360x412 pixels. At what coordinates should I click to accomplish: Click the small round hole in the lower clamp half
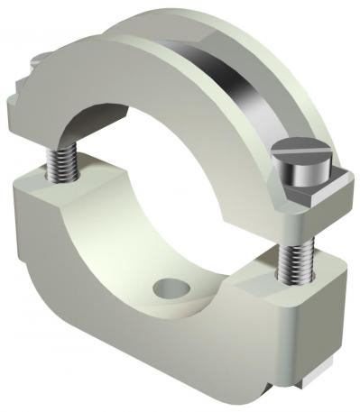[x=169, y=289]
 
